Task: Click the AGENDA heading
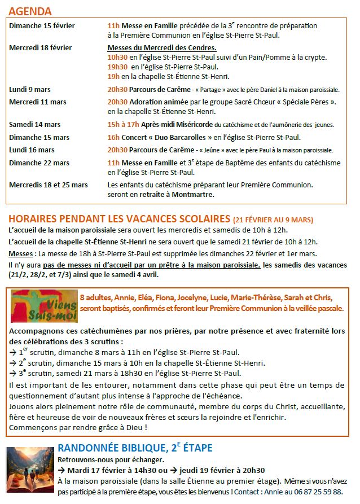(30, 11)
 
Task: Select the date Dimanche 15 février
(42, 26)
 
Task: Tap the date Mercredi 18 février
(40, 48)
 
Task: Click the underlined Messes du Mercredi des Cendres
(162, 48)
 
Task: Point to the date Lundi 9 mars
(30, 90)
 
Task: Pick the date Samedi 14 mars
(35, 125)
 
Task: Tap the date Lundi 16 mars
(32, 150)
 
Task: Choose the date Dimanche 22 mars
(39, 163)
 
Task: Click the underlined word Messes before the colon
(21, 255)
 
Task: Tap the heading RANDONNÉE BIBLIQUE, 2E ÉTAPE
(135, 448)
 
